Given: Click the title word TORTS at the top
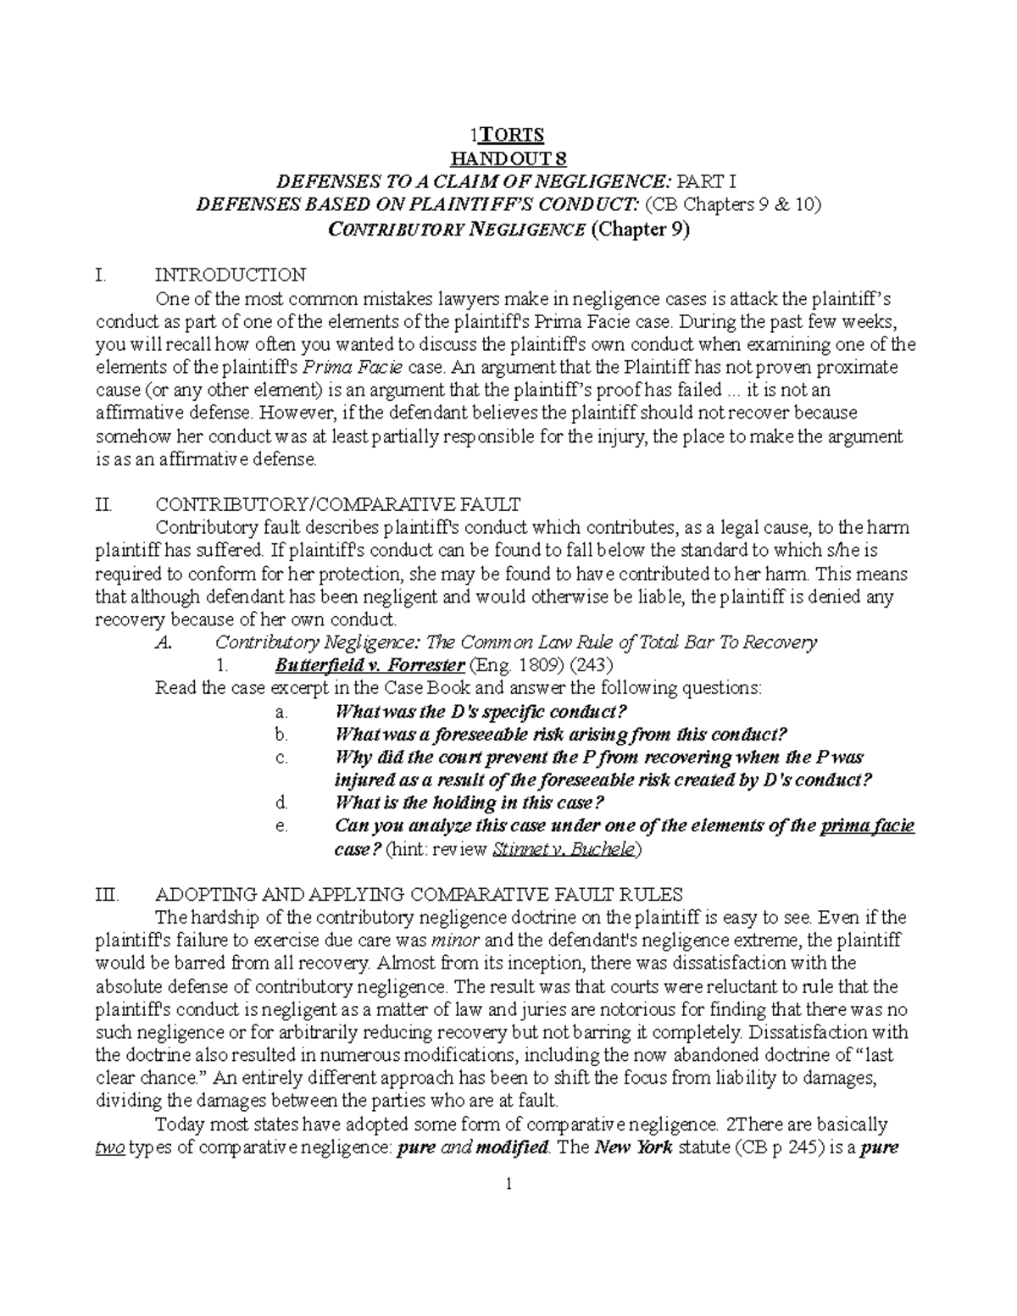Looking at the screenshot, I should click(511, 135).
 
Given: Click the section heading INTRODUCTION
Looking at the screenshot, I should click(230, 275).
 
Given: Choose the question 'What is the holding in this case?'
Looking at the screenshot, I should click(470, 802).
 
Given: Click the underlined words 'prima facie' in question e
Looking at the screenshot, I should click(868, 825).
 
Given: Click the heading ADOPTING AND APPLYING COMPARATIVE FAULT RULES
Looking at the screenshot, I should click(420, 895).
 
